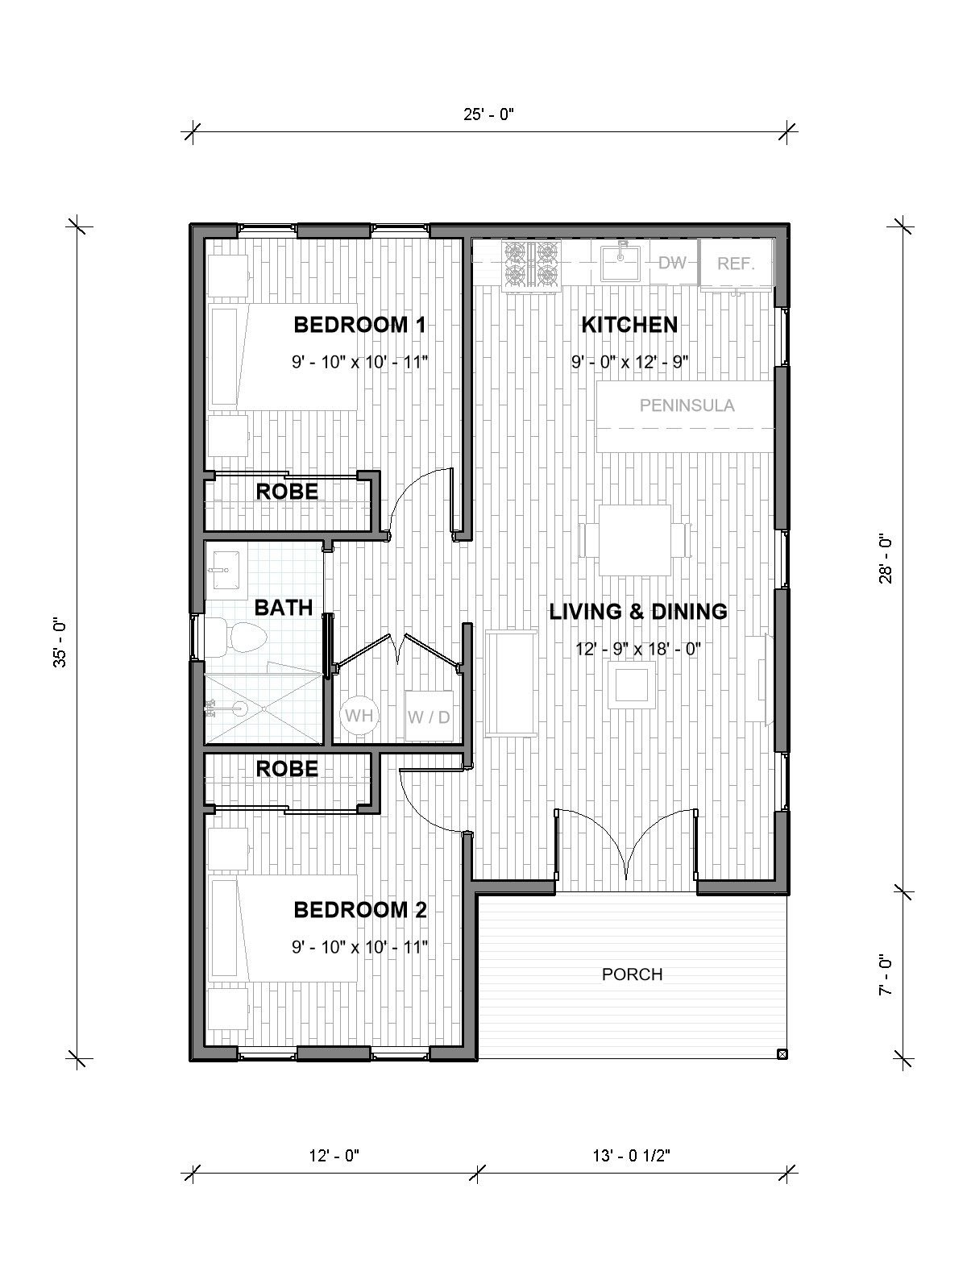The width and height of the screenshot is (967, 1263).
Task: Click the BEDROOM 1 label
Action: click(x=359, y=326)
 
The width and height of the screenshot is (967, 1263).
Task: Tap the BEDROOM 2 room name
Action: click(x=359, y=911)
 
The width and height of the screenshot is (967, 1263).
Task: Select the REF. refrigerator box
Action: click(x=736, y=263)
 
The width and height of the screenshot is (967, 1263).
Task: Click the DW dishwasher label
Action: click(x=671, y=263)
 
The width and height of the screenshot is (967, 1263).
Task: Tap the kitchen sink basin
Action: click(x=621, y=260)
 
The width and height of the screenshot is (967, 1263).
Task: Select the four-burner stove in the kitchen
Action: click(x=531, y=264)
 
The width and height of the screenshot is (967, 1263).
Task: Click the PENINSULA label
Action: click(x=687, y=405)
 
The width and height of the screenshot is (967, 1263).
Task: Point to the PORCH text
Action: click(x=633, y=974)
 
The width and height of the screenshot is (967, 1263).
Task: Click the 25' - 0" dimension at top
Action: click(x=488, y=114)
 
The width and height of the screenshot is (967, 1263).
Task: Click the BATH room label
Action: click(x=283, y=608)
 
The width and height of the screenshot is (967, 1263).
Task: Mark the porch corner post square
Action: click(x=781, y=1053)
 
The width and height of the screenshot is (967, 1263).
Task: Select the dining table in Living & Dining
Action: click(x=634, y=539)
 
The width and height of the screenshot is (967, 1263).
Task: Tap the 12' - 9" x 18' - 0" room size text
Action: click(x=637, y=648)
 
